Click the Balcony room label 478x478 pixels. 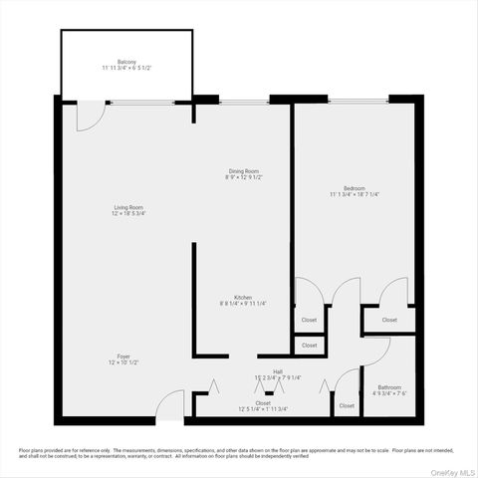125,61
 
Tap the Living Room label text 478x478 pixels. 127,207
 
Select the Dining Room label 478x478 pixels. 244,171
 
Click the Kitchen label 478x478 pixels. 242,297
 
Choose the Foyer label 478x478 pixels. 123,356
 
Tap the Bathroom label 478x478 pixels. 389,387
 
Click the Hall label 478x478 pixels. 263,371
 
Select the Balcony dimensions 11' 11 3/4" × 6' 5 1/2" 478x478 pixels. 125,68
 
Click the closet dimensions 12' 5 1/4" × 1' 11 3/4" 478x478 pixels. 262,409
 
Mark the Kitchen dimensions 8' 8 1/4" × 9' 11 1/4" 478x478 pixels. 242,304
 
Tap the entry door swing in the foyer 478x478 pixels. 172,403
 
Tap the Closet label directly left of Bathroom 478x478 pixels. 347,405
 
